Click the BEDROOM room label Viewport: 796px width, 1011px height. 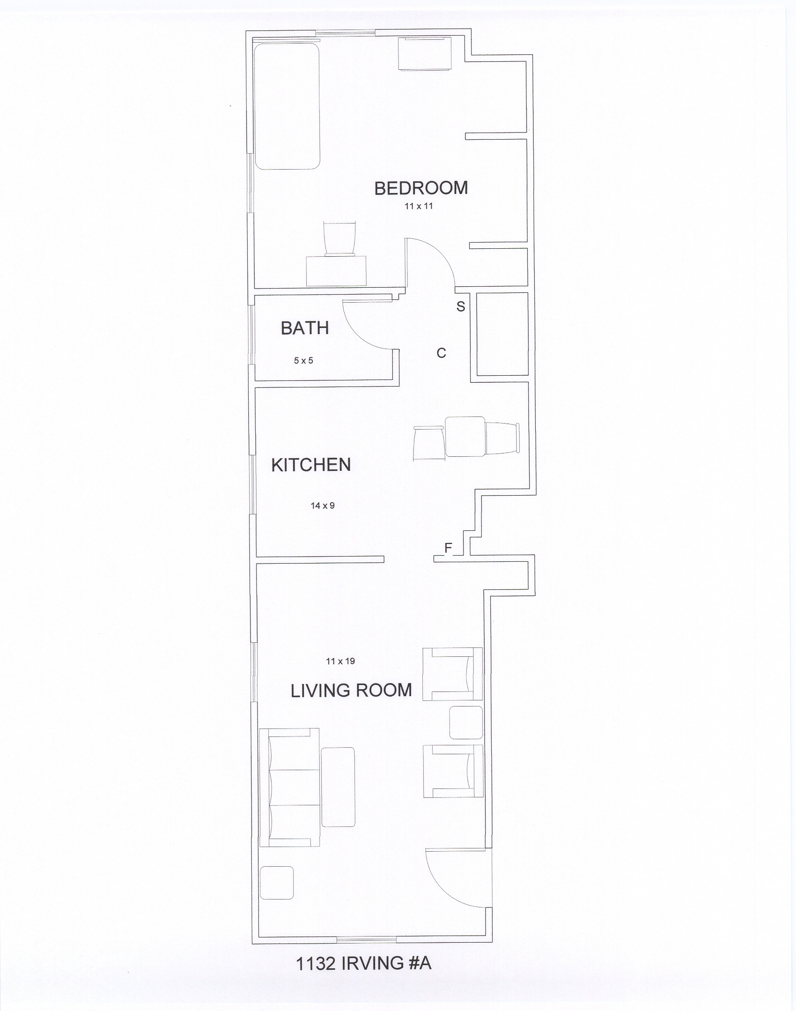tap(421, 188)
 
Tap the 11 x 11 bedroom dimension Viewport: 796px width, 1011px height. tap(419, 206)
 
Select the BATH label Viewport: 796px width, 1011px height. tap(305, 328)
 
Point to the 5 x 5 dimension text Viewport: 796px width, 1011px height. tap(303, 361)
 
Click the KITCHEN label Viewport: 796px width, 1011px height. tap(311, 465)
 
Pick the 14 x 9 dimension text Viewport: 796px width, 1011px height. tap(323, 505)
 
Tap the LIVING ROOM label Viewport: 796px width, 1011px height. tap(351, 691)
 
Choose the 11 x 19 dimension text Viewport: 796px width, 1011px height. tap(340, 661)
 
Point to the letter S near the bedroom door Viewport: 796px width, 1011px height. tap(461, 306)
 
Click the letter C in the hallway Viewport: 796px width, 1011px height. tap(442, 353)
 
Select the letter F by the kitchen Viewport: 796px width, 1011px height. tap(449, 548)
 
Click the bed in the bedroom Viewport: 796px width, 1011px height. tap(287, 106)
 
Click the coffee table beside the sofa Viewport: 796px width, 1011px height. tap(338, 787)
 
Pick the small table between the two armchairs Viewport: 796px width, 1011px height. tap(466, 723)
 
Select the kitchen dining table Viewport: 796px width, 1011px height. tap(465, 436)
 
